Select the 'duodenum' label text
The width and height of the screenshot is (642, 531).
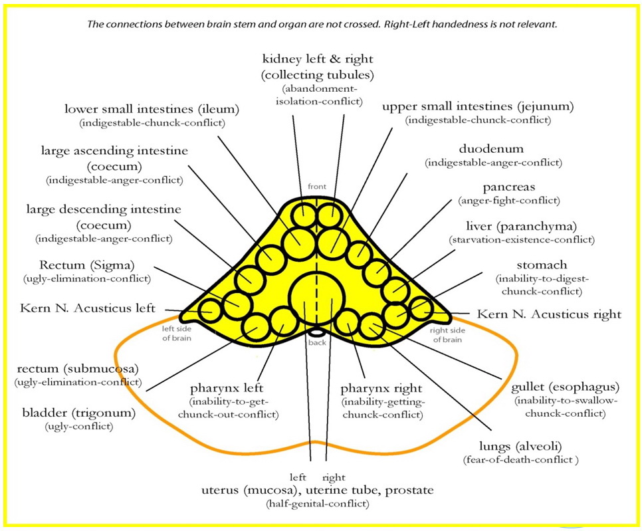(x=490, y=149)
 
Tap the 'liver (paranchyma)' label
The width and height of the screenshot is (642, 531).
(x=522, y=227)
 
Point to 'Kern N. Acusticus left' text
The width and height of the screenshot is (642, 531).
(x=88, y=308)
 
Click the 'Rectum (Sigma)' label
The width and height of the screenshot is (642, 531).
(x=87, y=265)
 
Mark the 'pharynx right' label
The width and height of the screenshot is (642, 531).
(x=381, y=387)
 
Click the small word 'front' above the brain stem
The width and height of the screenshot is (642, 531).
(x=317, y=187)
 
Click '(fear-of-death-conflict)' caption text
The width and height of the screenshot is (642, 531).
(x=521, y=460)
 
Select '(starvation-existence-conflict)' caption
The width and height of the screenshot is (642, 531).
(x=522, y=239)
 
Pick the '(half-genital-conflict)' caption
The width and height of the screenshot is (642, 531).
(x=316, y=504)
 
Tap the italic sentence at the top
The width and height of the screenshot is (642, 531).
(x=322, y=24)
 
